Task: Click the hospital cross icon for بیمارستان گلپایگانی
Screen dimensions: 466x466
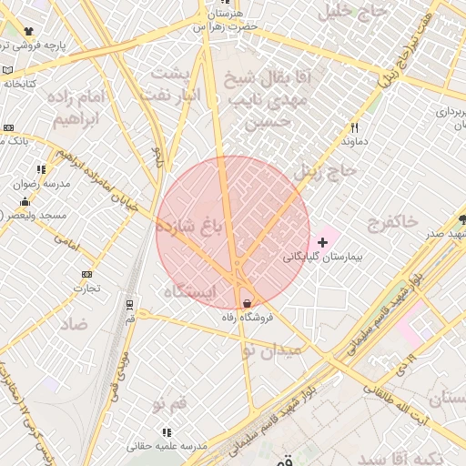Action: tap(322, 243)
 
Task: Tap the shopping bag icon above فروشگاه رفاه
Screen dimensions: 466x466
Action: tap(247, 303)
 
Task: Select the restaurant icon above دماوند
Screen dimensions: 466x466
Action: tap(354, 128)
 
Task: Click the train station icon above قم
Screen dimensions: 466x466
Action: tap(130, 304)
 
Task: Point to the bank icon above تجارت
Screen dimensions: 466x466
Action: tap(86, 274)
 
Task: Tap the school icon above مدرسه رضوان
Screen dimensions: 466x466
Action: tap(41, 169)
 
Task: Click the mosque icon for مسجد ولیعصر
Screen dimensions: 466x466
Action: tap(25, 202)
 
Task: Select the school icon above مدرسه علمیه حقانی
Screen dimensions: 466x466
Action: tap(166, 432)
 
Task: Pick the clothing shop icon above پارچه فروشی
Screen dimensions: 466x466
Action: tap(29, 32)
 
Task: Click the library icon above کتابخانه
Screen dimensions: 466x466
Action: tap(7, 70)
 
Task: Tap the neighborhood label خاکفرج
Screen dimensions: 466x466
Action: tap(393, 221)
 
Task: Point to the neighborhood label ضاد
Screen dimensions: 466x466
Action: tap(75, 323)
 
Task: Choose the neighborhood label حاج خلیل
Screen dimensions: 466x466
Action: tap(349, 12)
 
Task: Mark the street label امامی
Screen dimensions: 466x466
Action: tap(67, 239)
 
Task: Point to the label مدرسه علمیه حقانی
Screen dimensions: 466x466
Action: tap(167, 446)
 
